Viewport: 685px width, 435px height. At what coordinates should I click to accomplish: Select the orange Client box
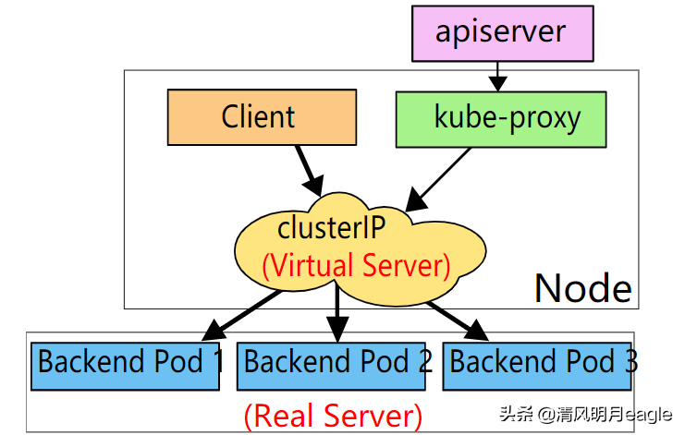pyautogui.click(x=262, y=117)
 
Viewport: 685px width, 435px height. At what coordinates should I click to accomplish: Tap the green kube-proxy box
pyautogui.click(x=502, y=118)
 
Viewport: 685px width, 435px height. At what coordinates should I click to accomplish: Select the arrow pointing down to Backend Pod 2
pyautogui.click(x=338, y=314)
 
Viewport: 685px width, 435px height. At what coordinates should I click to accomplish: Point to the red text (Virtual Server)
pyautogui.click(x=356, y=266)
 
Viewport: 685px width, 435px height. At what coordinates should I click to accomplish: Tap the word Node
pyautogui.click(x=582, y=288)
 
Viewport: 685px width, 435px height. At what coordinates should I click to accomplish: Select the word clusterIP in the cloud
pyautogui.click(x=332, y=227)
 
